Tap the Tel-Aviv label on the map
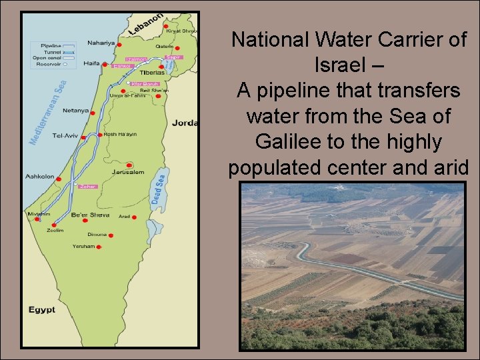click(65, 135)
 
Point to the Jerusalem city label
click(128, 172)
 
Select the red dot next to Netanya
click(93, 113)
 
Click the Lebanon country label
click(145, 25)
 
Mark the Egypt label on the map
click(41, 310)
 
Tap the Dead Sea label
click(159, 189)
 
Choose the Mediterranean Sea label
click(47, 113)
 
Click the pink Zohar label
click(88, 187)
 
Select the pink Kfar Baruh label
click(145, 84)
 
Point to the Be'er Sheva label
click(90, 215)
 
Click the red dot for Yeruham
click(99, 247)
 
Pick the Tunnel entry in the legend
click(45, 51)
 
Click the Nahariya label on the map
click(101, 43)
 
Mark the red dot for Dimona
click(111, 235)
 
